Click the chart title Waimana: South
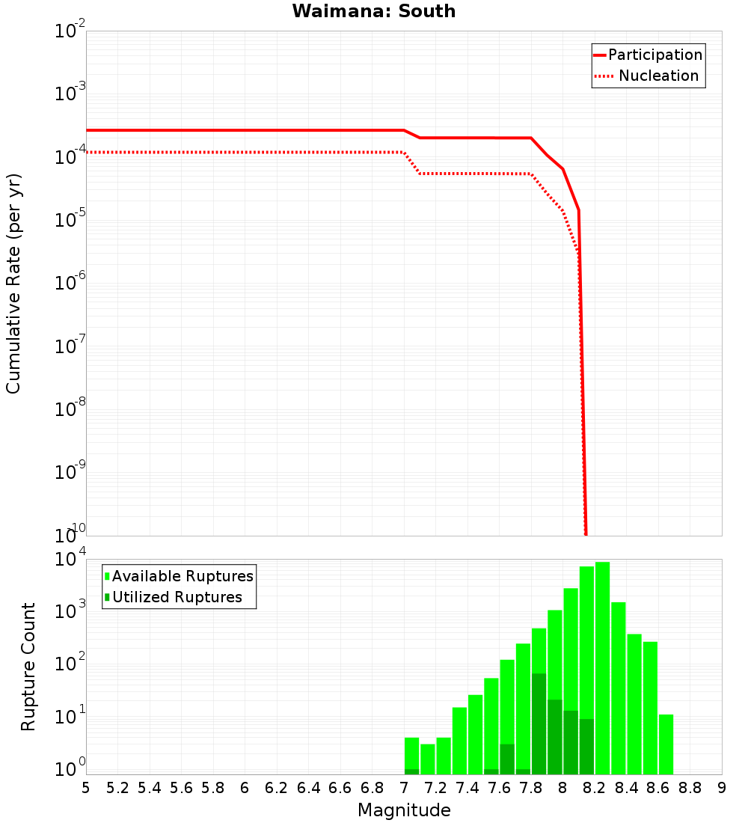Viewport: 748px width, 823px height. click(x=374, y=11)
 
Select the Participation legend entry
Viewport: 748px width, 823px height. click(x=654, y=55)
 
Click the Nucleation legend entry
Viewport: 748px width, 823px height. click(x=657, y=76)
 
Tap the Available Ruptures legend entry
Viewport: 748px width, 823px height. click(x=183, y=576)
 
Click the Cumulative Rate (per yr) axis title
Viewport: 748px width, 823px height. click(x=13, y=283)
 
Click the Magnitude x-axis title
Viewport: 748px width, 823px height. click(x=404, y=810)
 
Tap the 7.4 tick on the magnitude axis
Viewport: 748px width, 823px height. click(x=467, y=788)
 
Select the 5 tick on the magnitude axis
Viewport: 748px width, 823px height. click(x=86, y=788)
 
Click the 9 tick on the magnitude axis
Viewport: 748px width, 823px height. click(x=722, y=788)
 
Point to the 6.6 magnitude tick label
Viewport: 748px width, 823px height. click(x=340, y=788)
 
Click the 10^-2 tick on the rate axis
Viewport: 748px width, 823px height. click(x=70, y=32)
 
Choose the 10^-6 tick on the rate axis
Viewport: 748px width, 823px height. click(x=70, y=284)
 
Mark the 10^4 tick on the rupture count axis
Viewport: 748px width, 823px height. click(x=70, y=560)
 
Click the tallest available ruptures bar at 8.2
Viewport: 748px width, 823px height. click(x=602, y=666)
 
